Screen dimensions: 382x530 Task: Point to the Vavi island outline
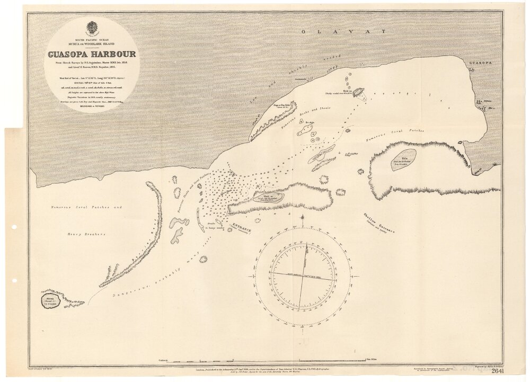click(x=268, y=198)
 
